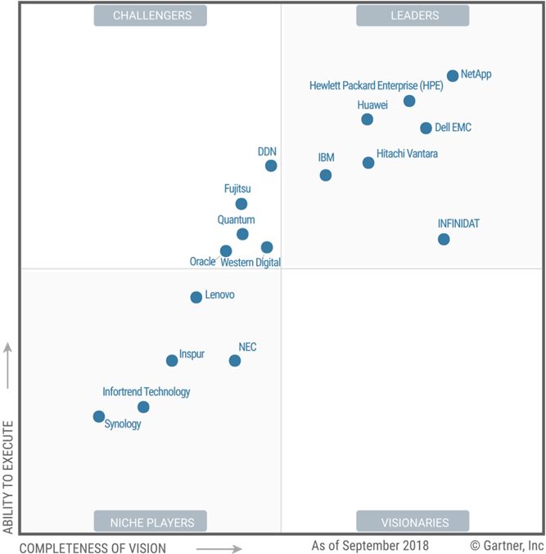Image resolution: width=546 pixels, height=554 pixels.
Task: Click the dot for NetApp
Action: point(453,76)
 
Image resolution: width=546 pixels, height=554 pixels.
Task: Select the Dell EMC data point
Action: point(426,128)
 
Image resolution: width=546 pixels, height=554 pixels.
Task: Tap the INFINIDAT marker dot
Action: point(444,239)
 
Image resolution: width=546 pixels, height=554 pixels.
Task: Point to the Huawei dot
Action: point(368,119)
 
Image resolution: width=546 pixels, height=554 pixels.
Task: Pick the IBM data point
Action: point(326,175)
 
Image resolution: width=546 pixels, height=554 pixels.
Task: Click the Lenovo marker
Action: point(196,297)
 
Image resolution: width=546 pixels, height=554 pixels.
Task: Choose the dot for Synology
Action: point(99,417)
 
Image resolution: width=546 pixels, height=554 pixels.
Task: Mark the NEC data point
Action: point(235,360)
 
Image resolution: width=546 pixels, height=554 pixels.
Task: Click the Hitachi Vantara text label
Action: point(407,153)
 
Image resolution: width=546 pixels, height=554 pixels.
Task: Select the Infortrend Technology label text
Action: point(147,392)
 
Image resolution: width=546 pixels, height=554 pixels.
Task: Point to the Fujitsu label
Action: point(237,189)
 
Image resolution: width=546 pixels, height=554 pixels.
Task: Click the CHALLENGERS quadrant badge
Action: point(151,15)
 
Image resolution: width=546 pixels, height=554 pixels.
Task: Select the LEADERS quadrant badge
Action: point(413,15)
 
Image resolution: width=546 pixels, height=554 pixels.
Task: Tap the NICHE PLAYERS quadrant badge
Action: point(151,522)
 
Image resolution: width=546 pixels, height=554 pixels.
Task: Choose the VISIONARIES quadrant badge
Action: point(413,522)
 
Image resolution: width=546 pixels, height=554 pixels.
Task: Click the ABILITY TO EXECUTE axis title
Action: point(9,477)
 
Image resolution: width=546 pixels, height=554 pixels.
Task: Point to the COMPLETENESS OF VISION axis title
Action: point(93,548)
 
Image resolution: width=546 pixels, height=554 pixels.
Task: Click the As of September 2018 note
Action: point(369,545)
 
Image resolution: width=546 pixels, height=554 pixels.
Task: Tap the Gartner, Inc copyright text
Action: point(507,545)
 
